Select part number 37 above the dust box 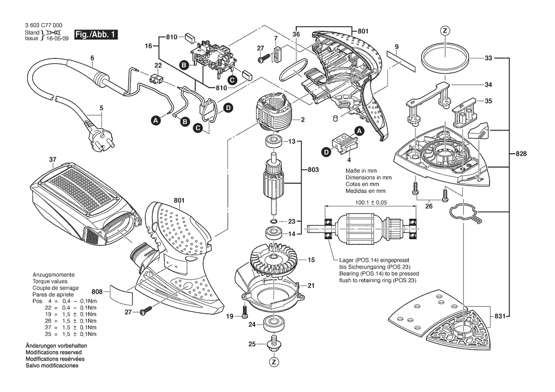coord(52,159)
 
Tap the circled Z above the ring coord(445,31)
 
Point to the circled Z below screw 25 coord(273,363)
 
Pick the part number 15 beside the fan coord(311,260)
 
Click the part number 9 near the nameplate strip coord(396,46)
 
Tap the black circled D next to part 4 coord(326,152)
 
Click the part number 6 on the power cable coord(92,58)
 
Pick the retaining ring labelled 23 coord(273,221)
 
